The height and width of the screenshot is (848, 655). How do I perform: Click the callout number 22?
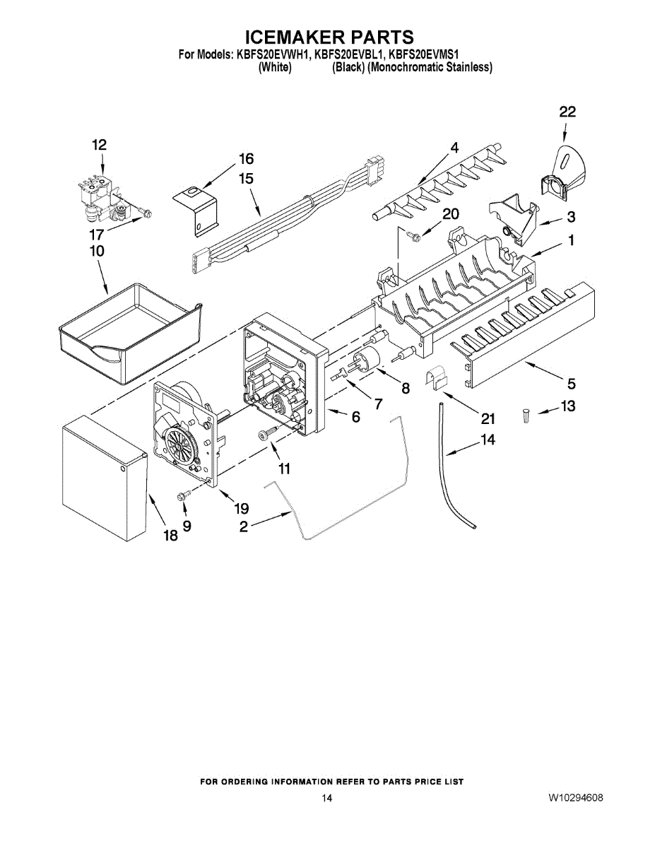click(x=567, y=112)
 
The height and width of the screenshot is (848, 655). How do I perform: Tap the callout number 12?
click(x=99, y=145)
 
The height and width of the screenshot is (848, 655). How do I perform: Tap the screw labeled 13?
click(x=526, y=418)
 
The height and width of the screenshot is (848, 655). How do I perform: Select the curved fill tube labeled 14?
click(x=451, y=466)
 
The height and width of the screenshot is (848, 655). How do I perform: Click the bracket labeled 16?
click(x=197, y=208)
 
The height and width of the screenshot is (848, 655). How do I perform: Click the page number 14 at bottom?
click(x=326, y=799)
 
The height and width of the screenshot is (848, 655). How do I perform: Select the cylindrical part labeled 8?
click(x=371, y=358)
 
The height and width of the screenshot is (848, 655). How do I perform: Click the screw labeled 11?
click(x=268, y=433)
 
